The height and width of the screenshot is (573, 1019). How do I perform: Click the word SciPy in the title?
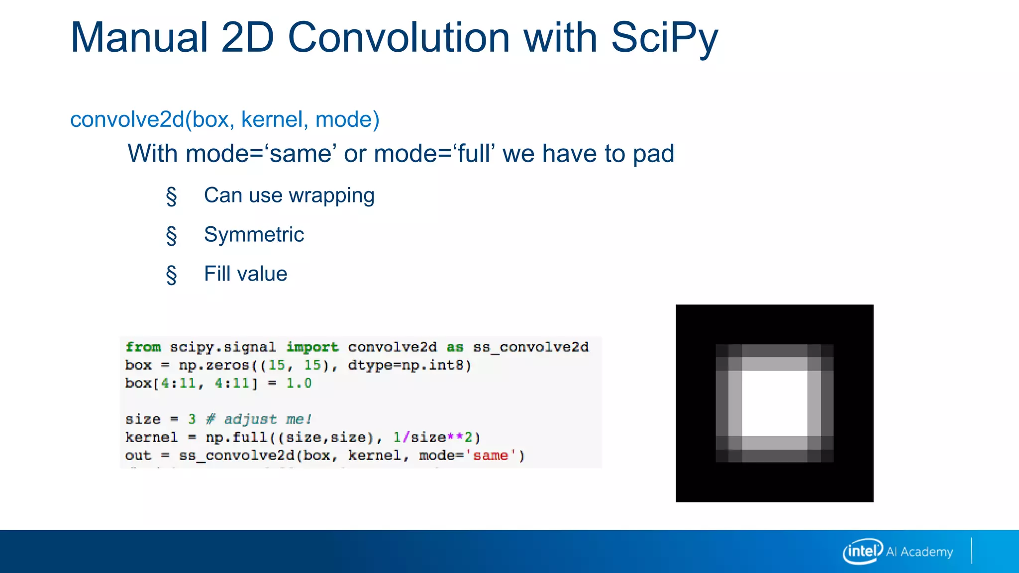[x=664, y=38]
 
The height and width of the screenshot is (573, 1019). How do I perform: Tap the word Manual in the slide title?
[x=139, y=38]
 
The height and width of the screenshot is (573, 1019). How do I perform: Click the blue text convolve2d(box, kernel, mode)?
[x=225, y=119]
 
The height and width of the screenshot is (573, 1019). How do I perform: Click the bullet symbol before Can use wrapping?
[x=172, y=196]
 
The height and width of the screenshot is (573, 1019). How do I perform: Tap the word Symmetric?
[x=254, y=235]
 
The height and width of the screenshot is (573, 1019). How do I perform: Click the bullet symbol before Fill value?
[x=172, y=274]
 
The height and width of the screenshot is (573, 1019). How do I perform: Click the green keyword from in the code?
[x=143, y=347]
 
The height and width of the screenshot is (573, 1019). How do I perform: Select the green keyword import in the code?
[x=312, y=347]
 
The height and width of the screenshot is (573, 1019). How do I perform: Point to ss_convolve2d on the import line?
[x=531, y=347]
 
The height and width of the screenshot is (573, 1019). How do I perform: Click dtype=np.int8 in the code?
[x=406, y=365]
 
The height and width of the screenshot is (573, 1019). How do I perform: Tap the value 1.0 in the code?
[x=299, y=383]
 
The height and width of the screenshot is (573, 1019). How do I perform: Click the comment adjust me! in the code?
[x=268, y=419]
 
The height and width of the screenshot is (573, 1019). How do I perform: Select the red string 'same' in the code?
[x=490, y=456]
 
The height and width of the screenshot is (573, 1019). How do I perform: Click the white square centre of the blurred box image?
[x=774, y=403]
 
